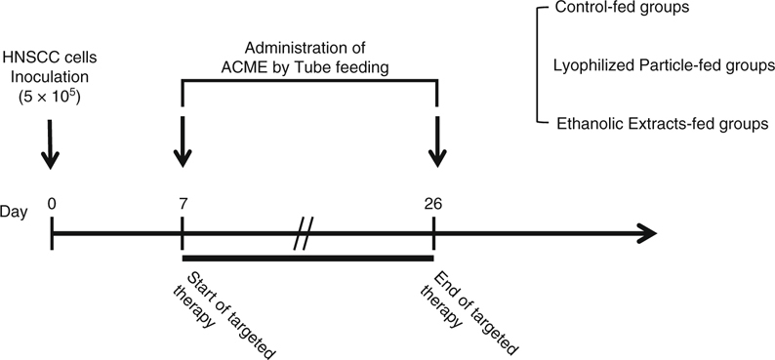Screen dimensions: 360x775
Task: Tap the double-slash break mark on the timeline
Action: (305, 235)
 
